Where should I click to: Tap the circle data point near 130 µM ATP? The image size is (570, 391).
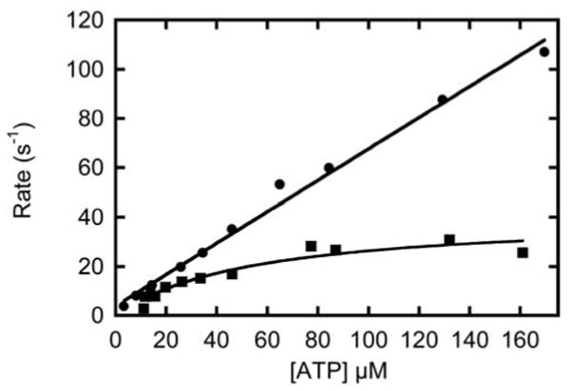point(442,100)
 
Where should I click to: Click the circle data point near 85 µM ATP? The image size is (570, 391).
point(329,168)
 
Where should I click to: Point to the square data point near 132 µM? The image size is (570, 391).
point(449,240)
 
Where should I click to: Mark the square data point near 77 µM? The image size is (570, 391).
point(311,246)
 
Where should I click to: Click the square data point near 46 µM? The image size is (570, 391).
point(232,273)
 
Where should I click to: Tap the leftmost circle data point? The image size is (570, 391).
point(123,306)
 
